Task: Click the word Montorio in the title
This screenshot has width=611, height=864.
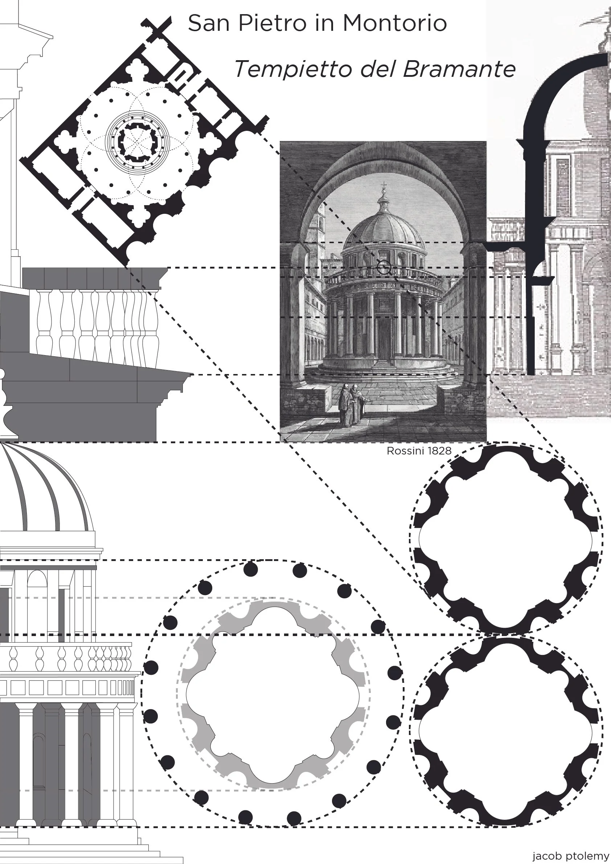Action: [x=394, y=23]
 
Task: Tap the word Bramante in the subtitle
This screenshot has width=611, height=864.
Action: [x=459, y=69]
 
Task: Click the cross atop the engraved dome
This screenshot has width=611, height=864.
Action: [x=384, y=186]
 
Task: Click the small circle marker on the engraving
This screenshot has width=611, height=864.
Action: [x=384, y=268]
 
